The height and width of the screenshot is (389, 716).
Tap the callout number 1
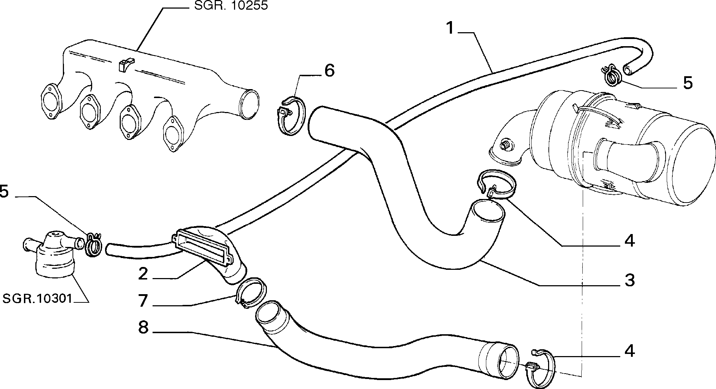451,28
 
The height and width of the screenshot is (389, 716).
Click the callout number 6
329,70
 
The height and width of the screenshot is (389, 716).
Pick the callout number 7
143,300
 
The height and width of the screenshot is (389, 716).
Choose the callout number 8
143,327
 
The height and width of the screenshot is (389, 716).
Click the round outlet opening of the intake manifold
249,104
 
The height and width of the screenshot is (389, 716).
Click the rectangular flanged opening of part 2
201,247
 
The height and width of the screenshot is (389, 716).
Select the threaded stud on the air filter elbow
505,145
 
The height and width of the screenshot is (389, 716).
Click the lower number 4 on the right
630,351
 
